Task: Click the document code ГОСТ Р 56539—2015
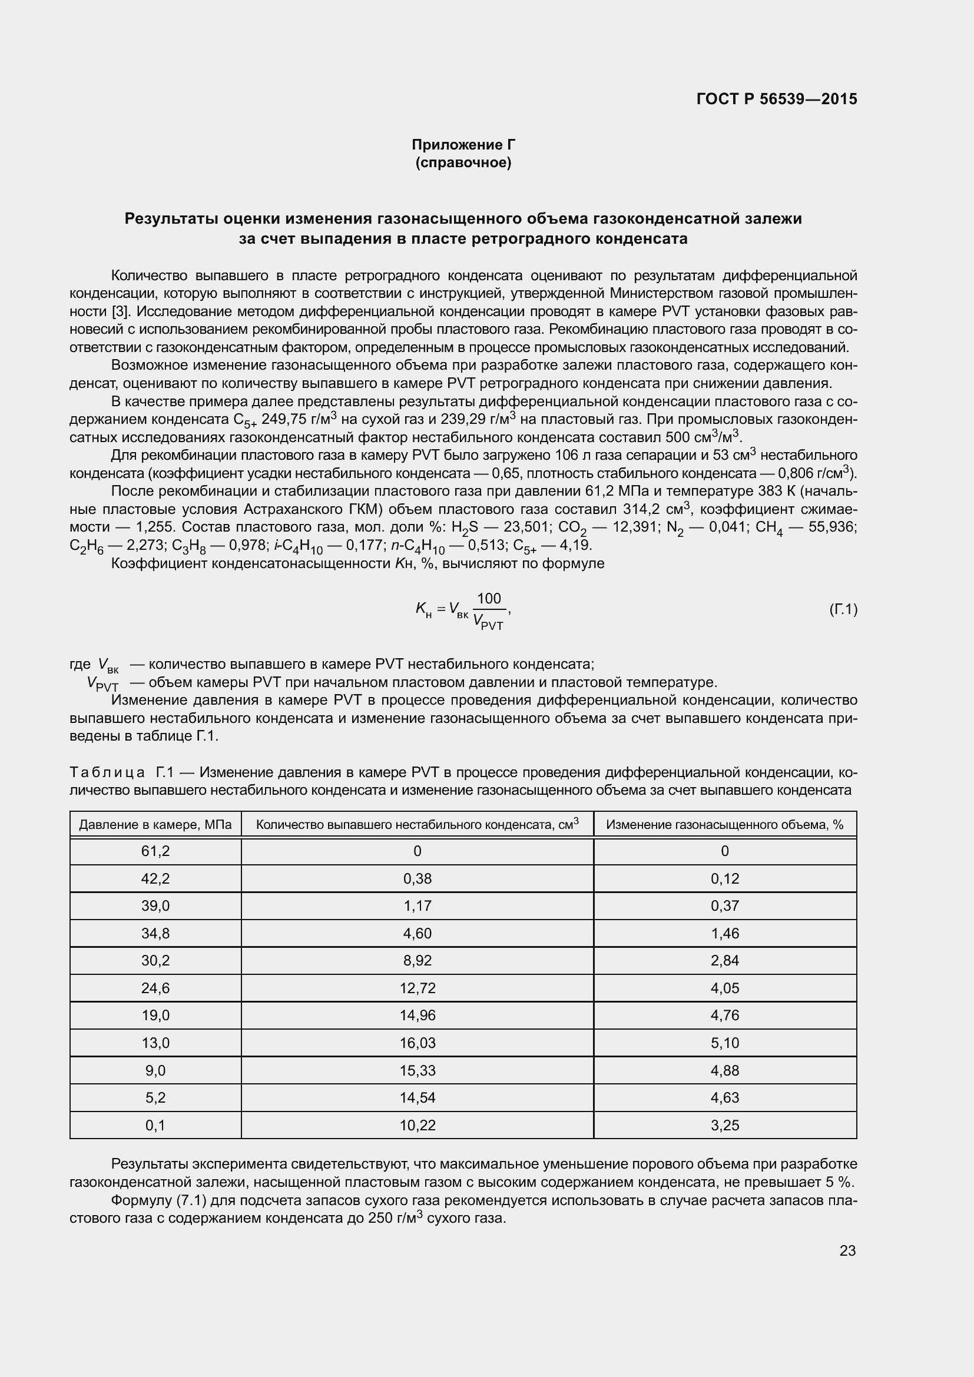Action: click(x=777, y=99)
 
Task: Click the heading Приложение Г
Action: click(x=463, y=145)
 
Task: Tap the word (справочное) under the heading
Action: click(x=463, y=162)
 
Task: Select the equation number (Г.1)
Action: click(x=843, y=610)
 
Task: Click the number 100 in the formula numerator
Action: click(x=489, y=599)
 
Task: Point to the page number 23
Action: click(x=847, y=1250)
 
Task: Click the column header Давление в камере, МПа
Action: click(x=155, y=825)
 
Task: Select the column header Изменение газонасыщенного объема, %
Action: click(x=724, y=825)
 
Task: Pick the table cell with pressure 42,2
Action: click(x=155, y=878)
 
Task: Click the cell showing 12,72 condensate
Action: click(x=418, y=988)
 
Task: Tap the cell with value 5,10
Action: click(x=724, y=1043)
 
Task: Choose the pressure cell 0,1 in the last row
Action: click(x=155, y=1125)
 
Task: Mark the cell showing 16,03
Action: click(x=418, y=1043)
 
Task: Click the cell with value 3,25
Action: click(x=724, y=1125)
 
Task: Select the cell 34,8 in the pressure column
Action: click(x=155, y=933)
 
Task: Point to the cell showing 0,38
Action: click(x=418, y=878)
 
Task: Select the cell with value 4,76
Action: click(x=724, y=1016)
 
